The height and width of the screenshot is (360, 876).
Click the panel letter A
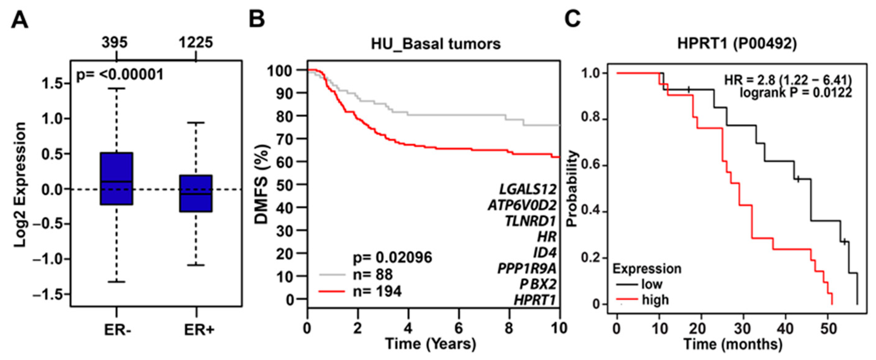click(19, 21)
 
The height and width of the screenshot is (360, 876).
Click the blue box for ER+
click(196, 193)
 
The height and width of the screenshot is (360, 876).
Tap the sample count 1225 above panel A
click(196, 43)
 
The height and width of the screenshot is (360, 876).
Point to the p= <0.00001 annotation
click(120, 75)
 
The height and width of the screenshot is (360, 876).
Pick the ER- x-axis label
click(117, 330)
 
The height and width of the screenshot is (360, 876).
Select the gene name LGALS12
click(528, 189)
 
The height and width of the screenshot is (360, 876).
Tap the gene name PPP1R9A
click(527, 269)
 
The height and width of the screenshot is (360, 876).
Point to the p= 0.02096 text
click(392, 257)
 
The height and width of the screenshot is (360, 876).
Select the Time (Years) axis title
click(430, 344)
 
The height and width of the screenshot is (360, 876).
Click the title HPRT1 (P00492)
click(737, 44)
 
